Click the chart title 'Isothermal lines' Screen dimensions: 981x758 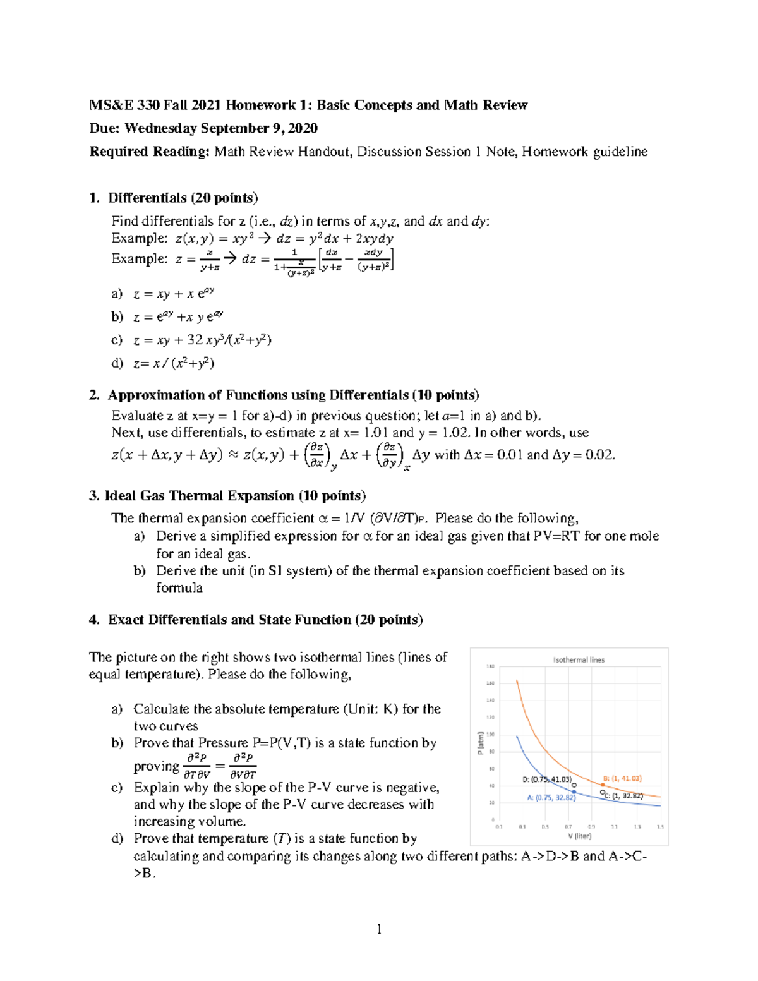tap(579, 659)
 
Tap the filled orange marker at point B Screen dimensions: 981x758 tap(603, 785)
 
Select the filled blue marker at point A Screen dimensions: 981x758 tap(574, 792)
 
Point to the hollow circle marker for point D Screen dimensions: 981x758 tap(574, 785)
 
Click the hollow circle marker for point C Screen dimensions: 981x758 tap(602, 792)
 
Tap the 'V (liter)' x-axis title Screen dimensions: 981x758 tap(579, 836)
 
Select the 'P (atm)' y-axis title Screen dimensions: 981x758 tap(481, 743)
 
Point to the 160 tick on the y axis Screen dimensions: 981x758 tap(490, 683)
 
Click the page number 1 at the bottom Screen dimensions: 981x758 tap(379, 929)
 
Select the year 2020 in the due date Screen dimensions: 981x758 tap(303, 128)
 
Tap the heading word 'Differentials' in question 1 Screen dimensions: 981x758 tap(147, 198)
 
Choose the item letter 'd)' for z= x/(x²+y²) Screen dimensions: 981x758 tap(117, 363)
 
